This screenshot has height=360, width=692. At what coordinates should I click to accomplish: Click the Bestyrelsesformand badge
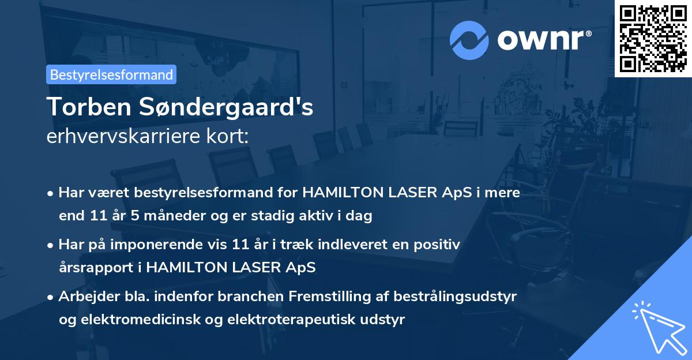click(x=111, y=74)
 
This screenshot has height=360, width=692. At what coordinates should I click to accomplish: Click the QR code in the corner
click(x=653, y=38)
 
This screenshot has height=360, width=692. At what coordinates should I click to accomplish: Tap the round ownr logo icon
click(x=469, y=40)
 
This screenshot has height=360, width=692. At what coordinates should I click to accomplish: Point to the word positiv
click(x=439, y=245)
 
